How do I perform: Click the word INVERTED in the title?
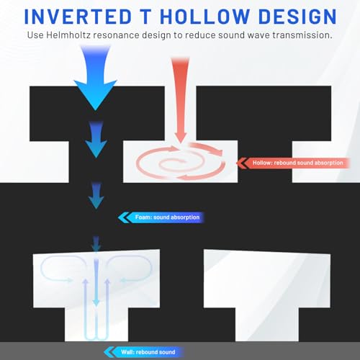[78, 17]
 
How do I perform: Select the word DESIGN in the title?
[298, 17]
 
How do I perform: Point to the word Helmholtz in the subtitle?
[68, 35]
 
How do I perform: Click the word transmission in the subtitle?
[302, 35]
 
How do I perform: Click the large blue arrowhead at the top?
[96, 95]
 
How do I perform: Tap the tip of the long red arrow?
[181, 143]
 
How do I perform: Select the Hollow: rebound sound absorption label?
[297, 163]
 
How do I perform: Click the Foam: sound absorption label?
[167, 217]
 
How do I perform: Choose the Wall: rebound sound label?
[148, 352]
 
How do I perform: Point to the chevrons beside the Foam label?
[124, 217]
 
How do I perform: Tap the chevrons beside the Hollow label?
[242, 163]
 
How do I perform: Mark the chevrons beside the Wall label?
[109, 352]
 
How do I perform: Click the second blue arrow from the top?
[96, 139]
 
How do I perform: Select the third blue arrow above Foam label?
[96, 196]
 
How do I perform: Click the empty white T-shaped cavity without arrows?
[267, 288]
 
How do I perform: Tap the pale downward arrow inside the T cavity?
[96, 282]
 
